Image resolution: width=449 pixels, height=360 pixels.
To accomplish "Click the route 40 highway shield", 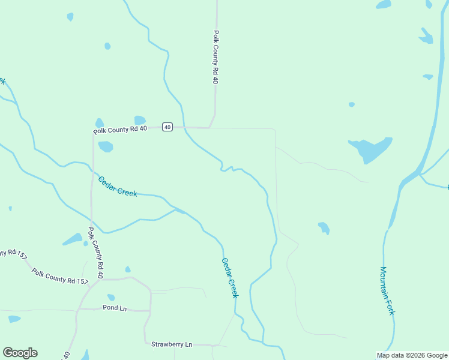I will coord(167,127).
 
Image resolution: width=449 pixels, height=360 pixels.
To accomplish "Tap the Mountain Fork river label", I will coord(388,291).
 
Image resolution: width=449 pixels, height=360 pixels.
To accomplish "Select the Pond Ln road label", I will coord(115,308).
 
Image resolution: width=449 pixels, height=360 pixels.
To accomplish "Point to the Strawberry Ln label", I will coord(172,344).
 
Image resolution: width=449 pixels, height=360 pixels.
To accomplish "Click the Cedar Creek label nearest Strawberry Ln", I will coord(230,278).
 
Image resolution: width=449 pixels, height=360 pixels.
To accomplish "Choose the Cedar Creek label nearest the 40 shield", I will coord(118,186).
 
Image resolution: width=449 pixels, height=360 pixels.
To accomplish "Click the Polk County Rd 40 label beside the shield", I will coord(120,130).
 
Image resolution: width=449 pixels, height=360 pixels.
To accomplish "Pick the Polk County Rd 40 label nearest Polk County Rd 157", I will coord(96,253).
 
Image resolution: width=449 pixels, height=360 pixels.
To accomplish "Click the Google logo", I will coord(20,353).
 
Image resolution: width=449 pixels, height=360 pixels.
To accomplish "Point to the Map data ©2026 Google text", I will coord(412,355).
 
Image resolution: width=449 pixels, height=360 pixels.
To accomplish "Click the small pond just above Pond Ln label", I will coord(111,297).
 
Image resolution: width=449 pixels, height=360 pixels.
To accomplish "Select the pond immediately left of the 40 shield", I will coord(140,120).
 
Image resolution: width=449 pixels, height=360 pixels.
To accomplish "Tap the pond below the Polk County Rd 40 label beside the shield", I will coord(106,146).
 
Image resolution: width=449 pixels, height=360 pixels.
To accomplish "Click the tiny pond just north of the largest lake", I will coord(352,104).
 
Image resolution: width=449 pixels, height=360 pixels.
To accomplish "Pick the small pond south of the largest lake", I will coord(324,228).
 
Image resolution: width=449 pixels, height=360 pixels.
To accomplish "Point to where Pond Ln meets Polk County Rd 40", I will coord(77,310).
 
